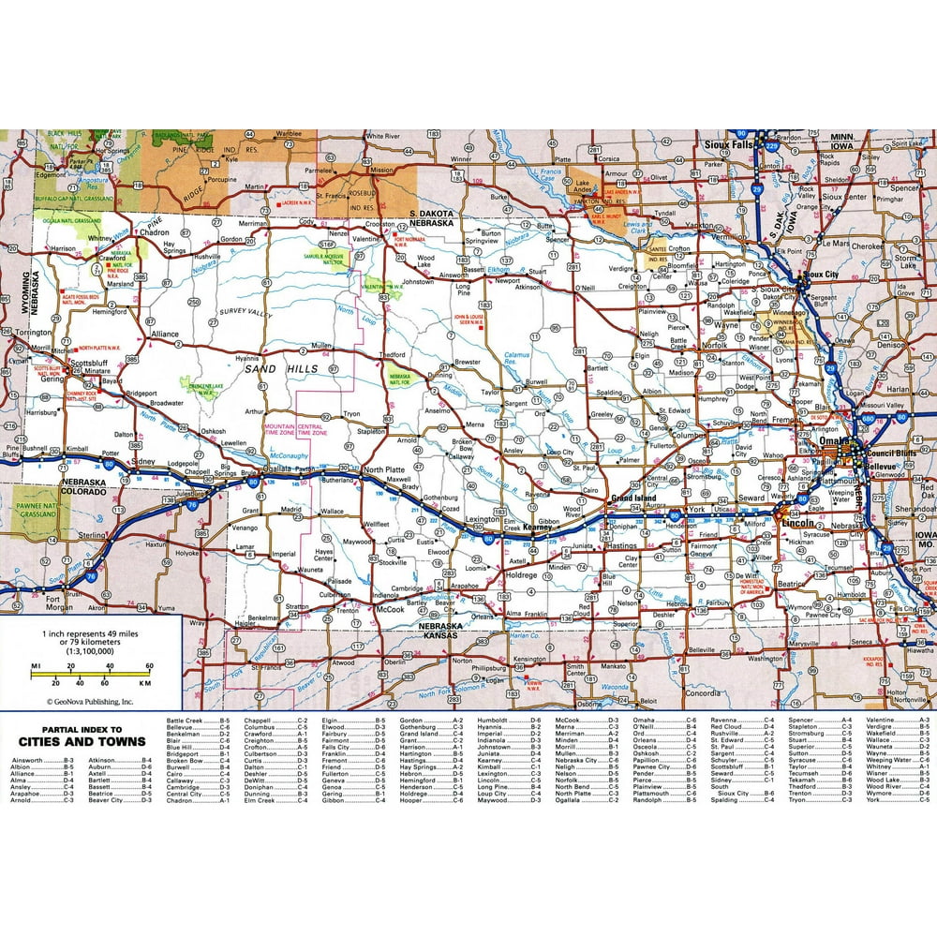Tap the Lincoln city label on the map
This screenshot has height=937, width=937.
point(796,522)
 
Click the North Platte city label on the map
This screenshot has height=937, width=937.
point(385,469)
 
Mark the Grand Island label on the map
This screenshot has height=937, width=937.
point(633,498)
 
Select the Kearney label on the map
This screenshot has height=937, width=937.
point(542,528)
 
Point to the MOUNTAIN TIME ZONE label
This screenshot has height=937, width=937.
point(277,429)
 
